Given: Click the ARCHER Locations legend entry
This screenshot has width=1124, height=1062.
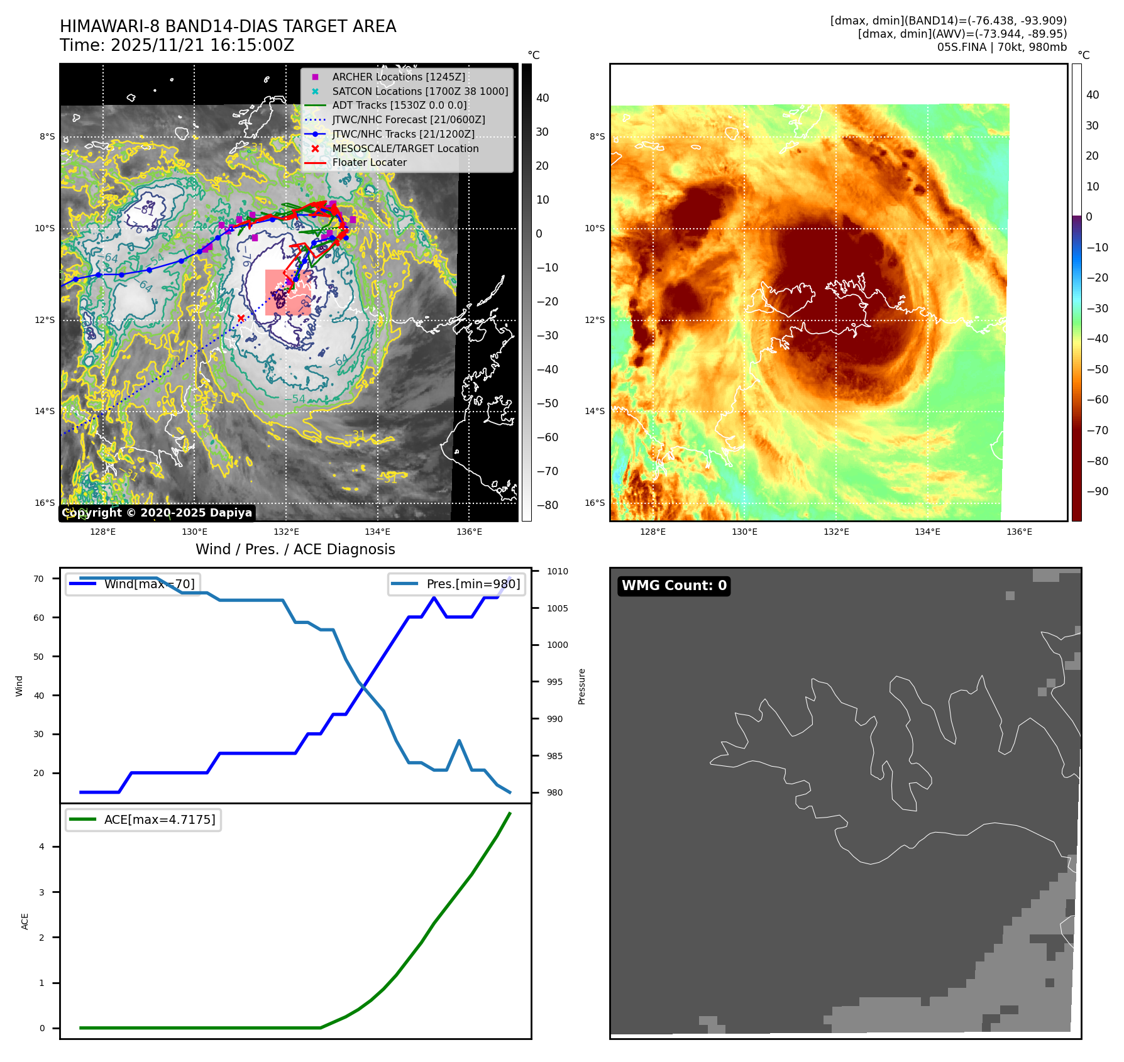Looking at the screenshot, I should coord(399,77).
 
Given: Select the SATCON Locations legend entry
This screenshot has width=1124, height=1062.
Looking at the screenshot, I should coord(420,91).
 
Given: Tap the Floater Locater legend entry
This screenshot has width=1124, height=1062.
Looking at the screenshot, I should coord(369,162).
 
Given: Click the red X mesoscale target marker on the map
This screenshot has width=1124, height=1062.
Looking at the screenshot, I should coord(241,318).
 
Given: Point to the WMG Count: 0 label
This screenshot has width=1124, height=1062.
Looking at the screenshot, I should coord(674,586).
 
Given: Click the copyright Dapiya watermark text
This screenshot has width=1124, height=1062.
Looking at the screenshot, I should coord(157,513).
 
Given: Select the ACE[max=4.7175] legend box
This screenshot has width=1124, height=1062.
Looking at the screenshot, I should coord(143,819).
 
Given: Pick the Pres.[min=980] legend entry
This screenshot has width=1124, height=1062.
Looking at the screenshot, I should coord(457,584).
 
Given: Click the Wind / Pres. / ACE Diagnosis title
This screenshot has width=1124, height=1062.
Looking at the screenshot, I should coord(295,549).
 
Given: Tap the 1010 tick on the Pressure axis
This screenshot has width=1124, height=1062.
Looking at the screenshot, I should coord(557,571).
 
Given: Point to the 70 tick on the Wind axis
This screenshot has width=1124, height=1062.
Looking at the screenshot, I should coord(39,579).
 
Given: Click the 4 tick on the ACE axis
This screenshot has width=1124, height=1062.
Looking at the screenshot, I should coord(42,846).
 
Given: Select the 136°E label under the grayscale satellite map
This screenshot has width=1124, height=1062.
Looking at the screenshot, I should coord(470,532).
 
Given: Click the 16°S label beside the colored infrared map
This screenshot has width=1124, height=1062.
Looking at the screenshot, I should coord(595,503).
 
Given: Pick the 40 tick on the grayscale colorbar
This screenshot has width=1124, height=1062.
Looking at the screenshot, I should coord(543,98).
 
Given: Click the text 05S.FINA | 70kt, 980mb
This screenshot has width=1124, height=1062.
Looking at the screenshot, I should coord(1001,47).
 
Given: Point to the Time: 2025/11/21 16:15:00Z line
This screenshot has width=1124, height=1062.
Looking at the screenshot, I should coord(177,45).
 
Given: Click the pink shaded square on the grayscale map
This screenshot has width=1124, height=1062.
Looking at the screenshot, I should coord(288,292).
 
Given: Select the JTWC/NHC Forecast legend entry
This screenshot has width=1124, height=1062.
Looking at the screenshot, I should coord(408,119).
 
